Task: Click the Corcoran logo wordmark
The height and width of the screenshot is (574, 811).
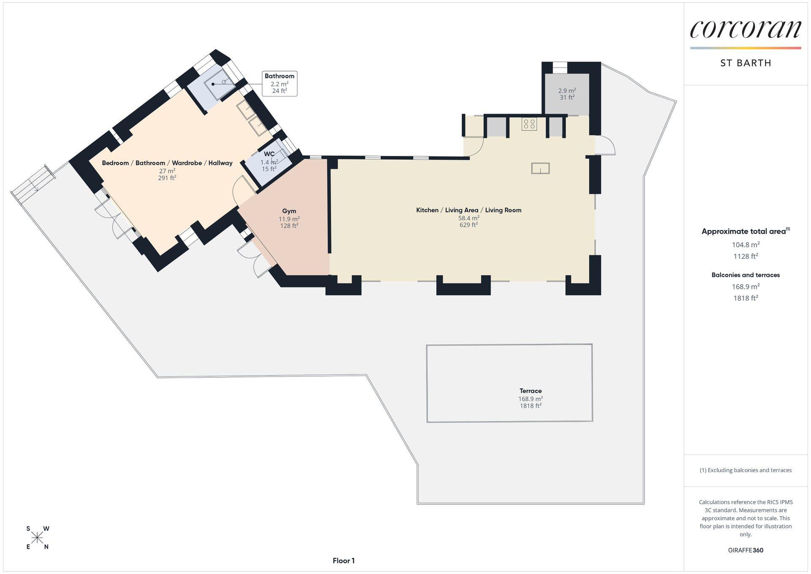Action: click(746, 29)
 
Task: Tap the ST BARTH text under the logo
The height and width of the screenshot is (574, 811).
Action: click(746, 63)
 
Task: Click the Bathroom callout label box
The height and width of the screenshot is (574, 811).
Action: click(279, 83)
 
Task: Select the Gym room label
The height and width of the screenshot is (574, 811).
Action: click(289, 211)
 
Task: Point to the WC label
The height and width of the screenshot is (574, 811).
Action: click(269, 154)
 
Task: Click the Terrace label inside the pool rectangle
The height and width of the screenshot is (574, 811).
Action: click(531, 391)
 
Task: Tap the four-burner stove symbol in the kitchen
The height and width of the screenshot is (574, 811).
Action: click(529, 124)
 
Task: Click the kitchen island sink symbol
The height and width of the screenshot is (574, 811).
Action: click(540, 168)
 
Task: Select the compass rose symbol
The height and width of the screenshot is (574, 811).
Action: click(37, 538)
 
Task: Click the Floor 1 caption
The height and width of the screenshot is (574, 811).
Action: click(343, 560)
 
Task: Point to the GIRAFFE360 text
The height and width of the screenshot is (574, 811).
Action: click(746, 550)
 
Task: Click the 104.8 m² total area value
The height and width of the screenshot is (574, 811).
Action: click(746, 244)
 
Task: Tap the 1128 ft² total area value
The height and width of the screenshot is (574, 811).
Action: click(746, 256)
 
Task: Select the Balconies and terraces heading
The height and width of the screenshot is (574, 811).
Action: click(746, 275)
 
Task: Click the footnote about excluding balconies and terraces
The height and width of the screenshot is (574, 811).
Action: click(746, 470)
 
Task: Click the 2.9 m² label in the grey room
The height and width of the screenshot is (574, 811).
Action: click(567, 90)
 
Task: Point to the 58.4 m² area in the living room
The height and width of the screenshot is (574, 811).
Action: click(468, 218)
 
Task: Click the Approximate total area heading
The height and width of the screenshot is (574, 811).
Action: click(746, 231)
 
